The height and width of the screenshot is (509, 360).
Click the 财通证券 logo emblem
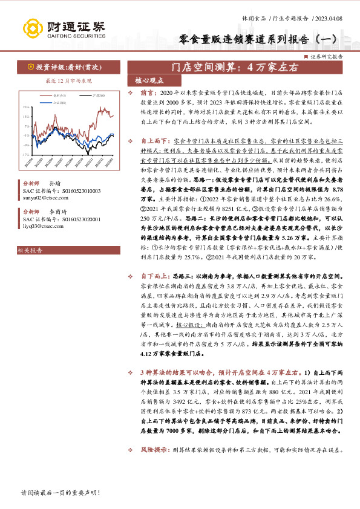(x=31, y=28)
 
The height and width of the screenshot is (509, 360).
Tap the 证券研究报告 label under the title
(x=326, y=56)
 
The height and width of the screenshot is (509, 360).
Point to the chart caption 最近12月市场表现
(x=68, y=80)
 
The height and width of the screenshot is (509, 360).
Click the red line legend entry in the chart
(x=59, y=95)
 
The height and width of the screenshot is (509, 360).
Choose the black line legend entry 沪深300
(x=97, y=95)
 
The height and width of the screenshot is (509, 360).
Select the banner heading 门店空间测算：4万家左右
(x=235, y=68)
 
